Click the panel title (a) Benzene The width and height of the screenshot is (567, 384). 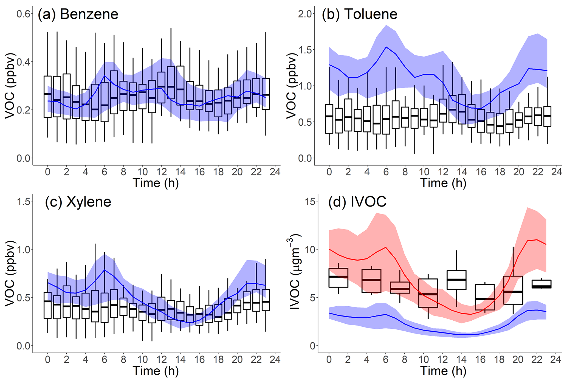pos(78,14)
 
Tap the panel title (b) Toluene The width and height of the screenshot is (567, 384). pos(359,14)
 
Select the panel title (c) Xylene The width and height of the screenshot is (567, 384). pos(78,202)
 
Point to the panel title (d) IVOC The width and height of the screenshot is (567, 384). pos(357,202)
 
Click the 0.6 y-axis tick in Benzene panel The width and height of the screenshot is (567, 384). pos(23,14)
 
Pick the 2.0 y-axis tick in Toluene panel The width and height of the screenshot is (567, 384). pos(305,14)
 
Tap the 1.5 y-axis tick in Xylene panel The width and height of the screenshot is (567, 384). pos(23,202)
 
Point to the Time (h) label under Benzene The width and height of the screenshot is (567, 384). pos(156,183)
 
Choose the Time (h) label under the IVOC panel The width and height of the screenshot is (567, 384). pos(443,371)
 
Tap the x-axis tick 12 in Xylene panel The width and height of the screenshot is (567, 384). pos(162,360)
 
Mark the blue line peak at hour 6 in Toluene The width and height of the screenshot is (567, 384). pos(386,47)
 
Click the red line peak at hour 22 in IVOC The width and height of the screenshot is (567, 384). pos(537,240)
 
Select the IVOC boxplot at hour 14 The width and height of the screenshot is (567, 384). pos(456,280)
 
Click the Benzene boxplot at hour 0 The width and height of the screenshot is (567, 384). pos(48,97)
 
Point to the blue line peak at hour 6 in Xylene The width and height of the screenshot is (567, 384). pos(105,270)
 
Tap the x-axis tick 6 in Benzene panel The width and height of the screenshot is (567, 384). pos(105,172)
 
